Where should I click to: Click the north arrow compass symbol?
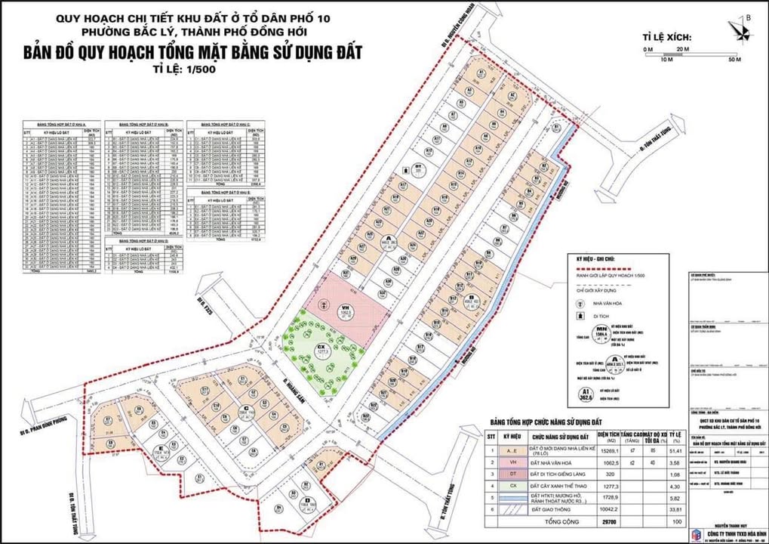tap(742, 28)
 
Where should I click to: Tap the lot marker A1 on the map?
tap(481, 73)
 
